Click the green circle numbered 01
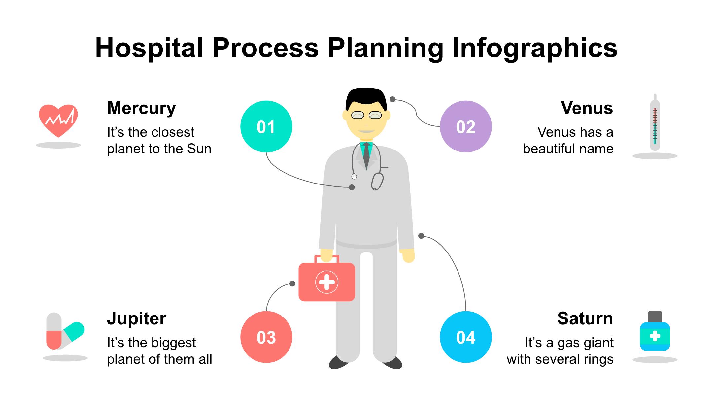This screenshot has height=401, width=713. [x=266, y=126]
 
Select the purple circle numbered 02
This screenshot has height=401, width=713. [x=465, y=126]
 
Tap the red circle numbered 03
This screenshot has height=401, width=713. [x=266, y=337]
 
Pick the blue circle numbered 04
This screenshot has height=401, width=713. [x=465, y=337]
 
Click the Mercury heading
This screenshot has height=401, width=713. [x=141, y=108]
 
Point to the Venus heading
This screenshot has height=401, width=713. [x=587, y=108]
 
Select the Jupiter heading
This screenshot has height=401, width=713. [x=136, y=318]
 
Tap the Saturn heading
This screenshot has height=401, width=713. [x=585, y=318]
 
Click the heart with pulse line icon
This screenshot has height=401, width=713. [x=58, y=120]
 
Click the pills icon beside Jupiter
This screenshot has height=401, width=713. [x=64, y=331]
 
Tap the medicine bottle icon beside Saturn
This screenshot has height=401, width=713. [x=655, y=332]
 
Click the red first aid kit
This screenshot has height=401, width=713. [x=326, y=282]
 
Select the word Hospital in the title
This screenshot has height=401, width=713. [x=149, y=48]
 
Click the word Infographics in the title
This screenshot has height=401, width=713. [x=534, y=48]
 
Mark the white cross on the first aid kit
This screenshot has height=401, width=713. [x=326, y=282]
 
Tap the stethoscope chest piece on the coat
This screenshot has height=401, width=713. [x=377, y=181]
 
